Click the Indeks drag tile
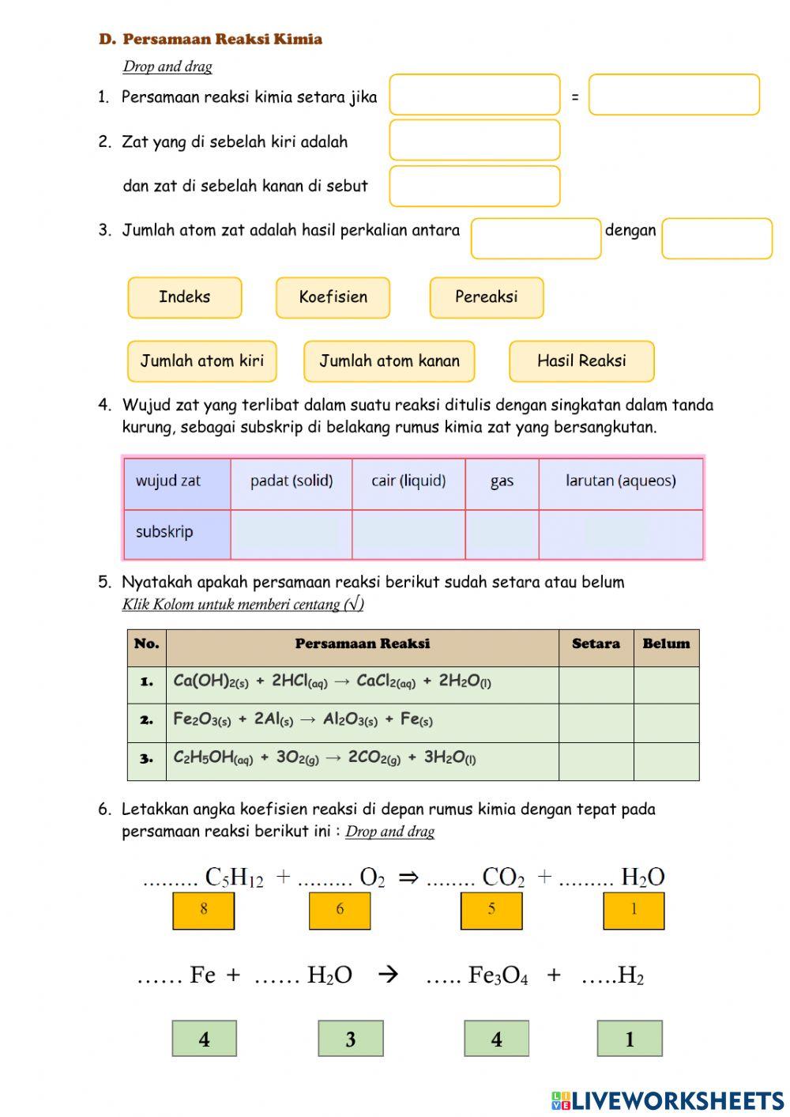[184, 297]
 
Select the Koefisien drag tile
[333, 297]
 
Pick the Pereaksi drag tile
[486, 297]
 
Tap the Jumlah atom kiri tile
[201, 361]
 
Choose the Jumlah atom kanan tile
[389, 361]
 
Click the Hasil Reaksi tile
[581, 361]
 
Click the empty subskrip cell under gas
[502, 534]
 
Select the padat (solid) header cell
[291, 481]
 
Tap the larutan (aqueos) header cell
[620, 481]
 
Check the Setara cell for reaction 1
[596, 685]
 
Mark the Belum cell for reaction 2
[666, 723]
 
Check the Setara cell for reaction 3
[596, 761]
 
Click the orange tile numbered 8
[204, 910]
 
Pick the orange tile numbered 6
[340, 910]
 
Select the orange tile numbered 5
[491, 910]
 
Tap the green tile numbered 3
[351, 1039]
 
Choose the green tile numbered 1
[630, 1039]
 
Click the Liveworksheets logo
[667, 1100]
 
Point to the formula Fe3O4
[498, 975]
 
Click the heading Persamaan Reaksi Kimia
[222, 40]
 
